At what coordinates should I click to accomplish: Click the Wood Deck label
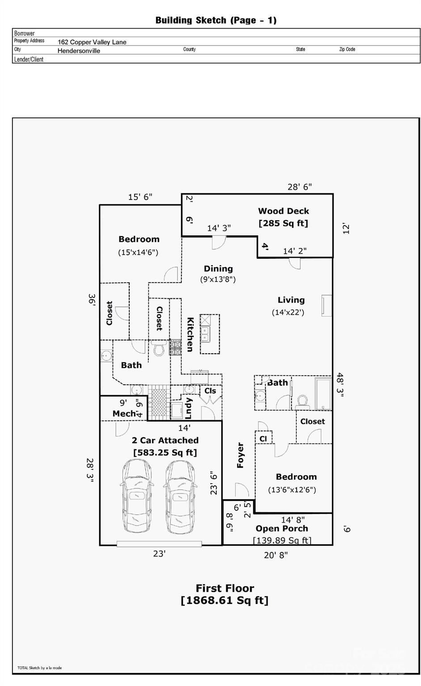283,211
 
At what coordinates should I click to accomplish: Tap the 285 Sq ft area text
283,223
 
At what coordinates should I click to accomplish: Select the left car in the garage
138,496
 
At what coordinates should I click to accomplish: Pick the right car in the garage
181,496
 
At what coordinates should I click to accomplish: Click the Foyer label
240,455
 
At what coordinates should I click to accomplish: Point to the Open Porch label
282,529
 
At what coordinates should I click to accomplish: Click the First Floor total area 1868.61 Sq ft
224,600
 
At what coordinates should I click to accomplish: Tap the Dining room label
218,269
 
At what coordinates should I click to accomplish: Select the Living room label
291,300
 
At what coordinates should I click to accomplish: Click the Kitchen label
190,334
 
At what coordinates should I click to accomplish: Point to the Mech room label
124,414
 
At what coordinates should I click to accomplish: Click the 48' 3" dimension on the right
341,385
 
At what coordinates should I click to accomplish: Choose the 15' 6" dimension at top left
140,197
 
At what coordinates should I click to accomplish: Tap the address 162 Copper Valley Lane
92,42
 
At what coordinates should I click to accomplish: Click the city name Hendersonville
79,51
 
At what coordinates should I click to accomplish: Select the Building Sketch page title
216,20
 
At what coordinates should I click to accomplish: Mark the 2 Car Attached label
165,440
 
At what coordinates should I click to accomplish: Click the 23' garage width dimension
160,554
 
